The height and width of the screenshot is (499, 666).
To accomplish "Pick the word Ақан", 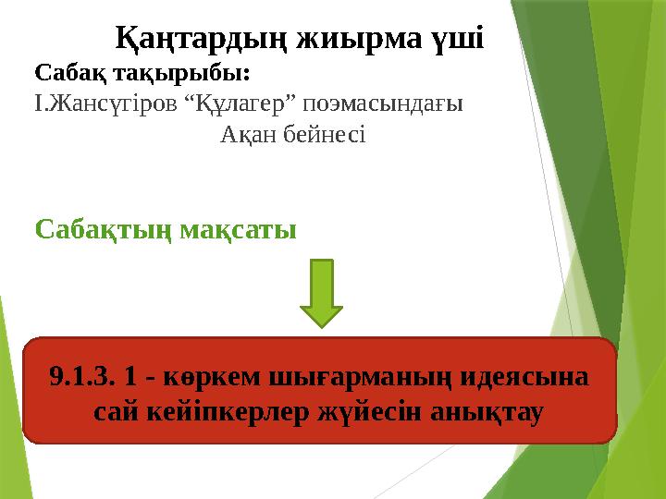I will (247, 135).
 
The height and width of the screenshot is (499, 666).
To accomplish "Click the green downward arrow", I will (322, 292).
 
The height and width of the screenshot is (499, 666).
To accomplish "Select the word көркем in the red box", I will (206, 378).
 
